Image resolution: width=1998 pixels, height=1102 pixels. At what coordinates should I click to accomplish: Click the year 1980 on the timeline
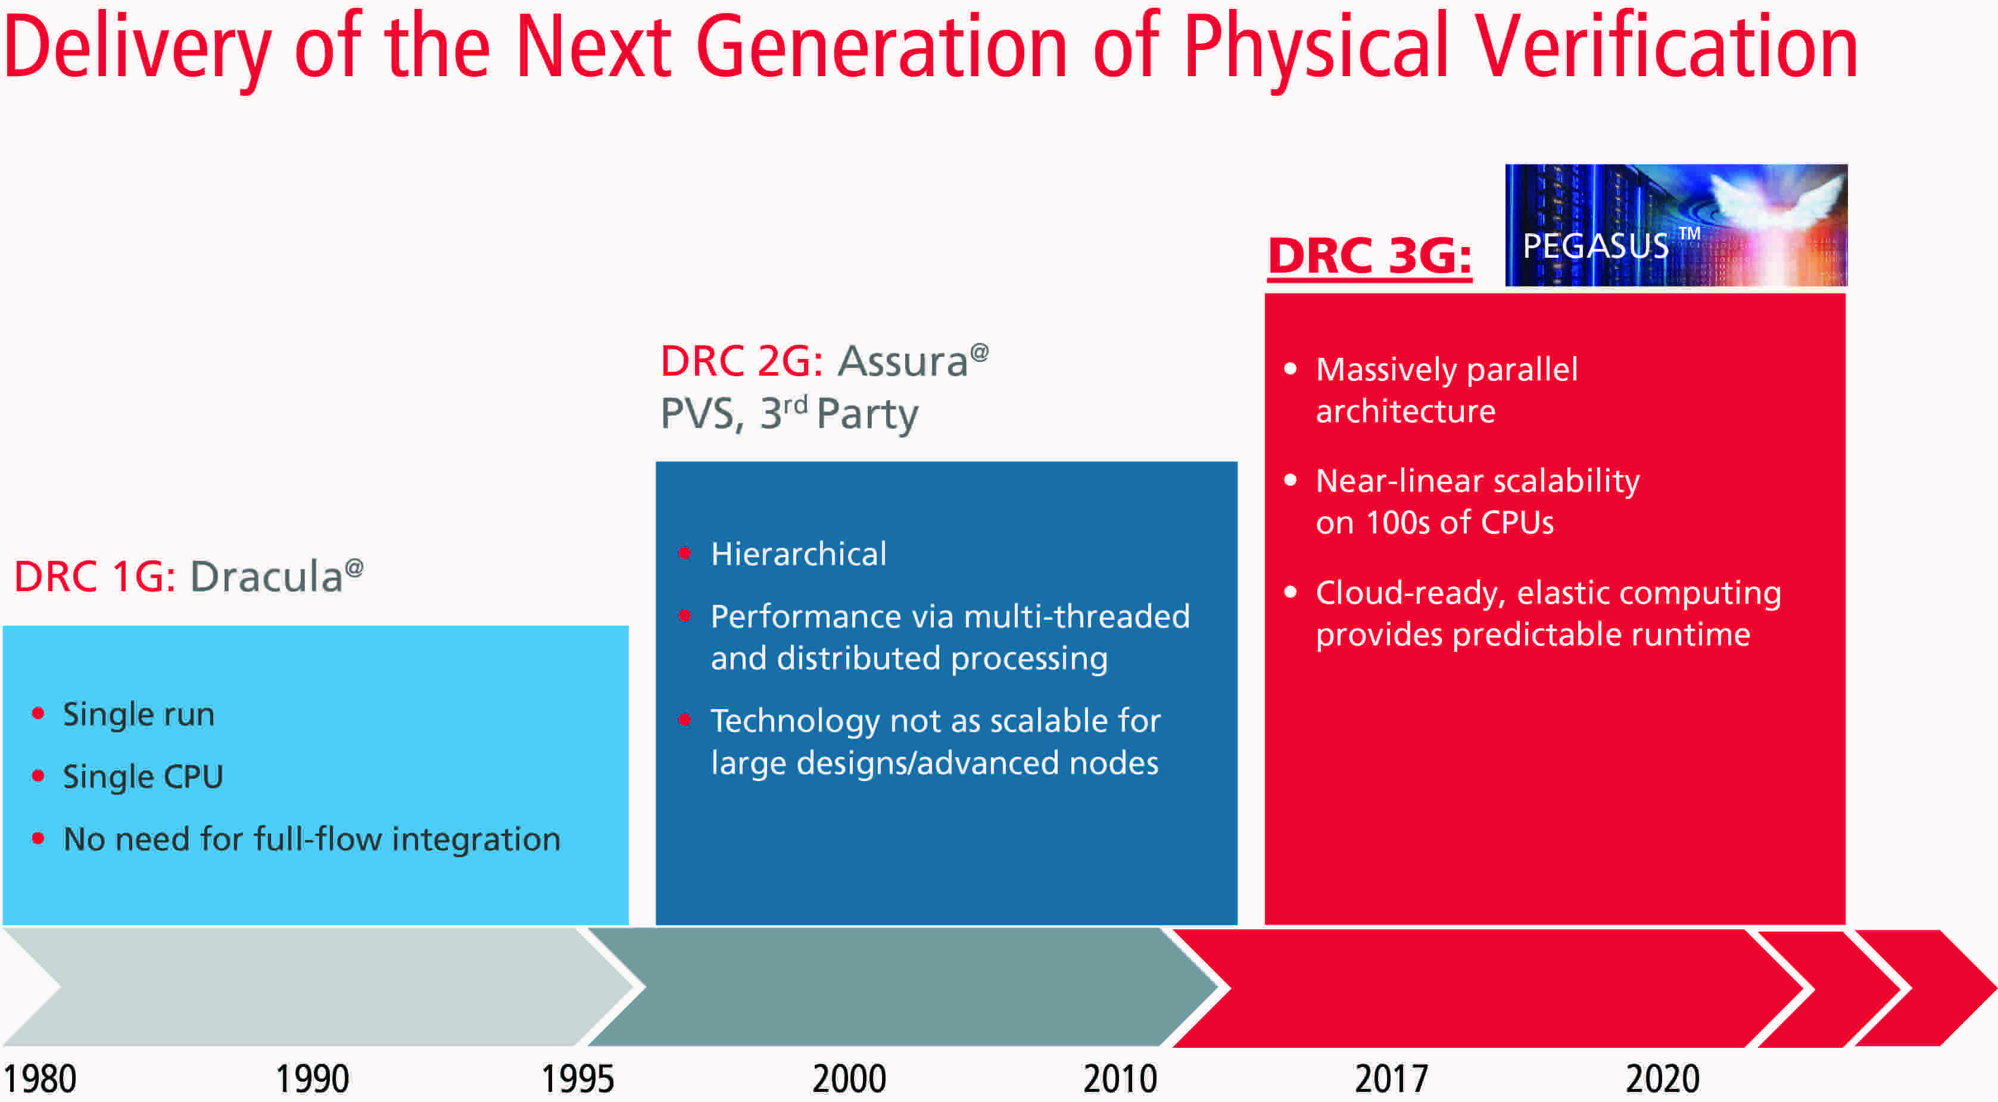coord(40,1078)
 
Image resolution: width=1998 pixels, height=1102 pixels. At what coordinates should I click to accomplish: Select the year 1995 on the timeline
coord(577,1078)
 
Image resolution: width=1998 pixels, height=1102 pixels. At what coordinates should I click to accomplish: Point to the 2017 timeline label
coord(1391,1078)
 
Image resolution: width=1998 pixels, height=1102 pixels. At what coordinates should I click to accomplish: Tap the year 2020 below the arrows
coord(1662,1078)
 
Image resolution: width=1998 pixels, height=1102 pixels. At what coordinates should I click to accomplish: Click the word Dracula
coord(267,577)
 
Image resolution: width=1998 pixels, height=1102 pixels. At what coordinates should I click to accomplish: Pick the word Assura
coord(903,361)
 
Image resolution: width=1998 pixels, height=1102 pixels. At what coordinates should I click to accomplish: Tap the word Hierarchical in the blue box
coord(798,554)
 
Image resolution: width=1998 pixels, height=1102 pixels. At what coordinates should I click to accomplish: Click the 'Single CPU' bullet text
coord(143,776)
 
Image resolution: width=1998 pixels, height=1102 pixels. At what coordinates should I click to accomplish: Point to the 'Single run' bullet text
coord(138,714)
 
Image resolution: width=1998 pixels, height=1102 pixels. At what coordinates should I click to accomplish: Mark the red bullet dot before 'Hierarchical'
coord(684,553)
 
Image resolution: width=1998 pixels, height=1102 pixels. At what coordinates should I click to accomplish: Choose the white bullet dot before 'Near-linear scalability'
coord(1290,480)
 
